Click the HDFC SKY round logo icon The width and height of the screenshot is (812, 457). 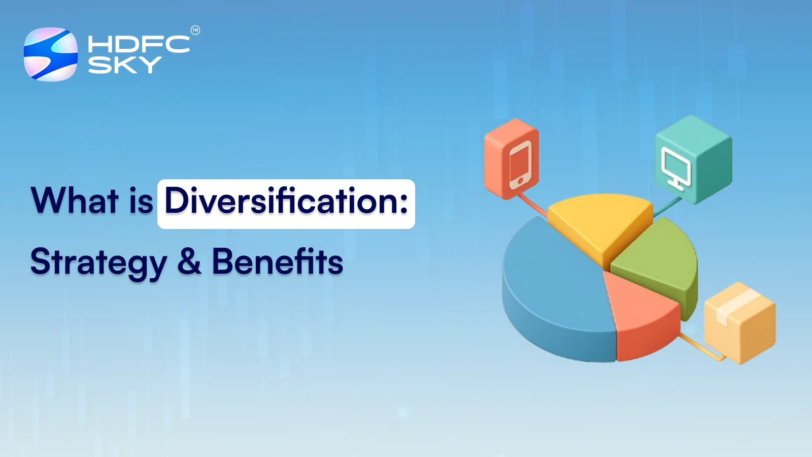(51, 54)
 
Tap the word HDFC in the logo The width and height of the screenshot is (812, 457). (138, 44)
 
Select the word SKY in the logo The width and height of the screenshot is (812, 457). (124, 66)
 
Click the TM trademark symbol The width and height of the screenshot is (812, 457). (195, 30)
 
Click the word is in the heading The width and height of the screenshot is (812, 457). (141, 202)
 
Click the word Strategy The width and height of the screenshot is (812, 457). (98, 263)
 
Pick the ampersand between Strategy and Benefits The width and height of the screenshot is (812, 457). (189, 262)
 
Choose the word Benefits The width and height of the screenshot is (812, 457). (277, 262)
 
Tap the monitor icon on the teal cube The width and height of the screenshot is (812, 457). (676, 168)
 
